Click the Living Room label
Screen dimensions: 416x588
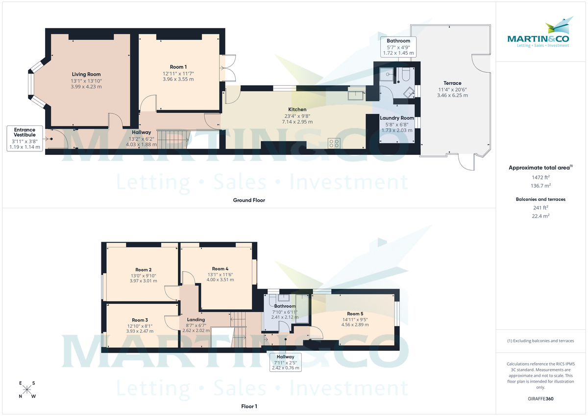(86, 74)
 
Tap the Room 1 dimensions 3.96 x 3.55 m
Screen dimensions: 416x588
(178, 79)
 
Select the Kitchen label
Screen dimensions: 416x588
(297, 110)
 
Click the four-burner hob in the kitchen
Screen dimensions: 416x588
(335, 143)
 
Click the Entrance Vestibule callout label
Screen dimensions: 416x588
(24, 132)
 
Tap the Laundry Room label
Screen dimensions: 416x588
(397, 118)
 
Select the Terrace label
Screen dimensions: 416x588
(453, 83)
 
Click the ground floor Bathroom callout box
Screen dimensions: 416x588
(398, 47)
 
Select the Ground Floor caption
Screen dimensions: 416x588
(248, 200)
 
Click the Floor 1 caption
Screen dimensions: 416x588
(249, 406)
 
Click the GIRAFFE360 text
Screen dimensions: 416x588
(540, 399)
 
